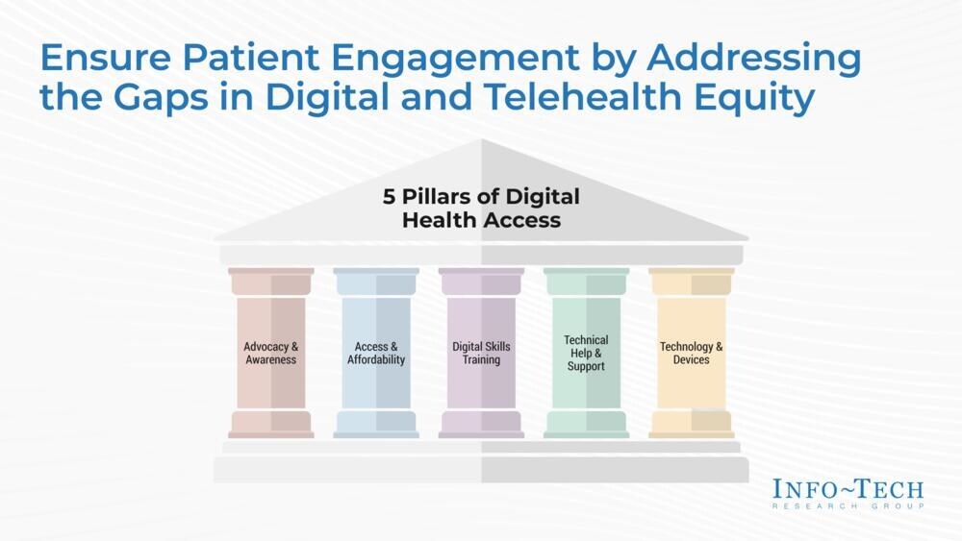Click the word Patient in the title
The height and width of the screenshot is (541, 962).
point(250,58)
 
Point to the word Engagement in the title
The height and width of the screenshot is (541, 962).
point(455,60)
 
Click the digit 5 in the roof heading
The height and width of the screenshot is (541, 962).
point(389,197)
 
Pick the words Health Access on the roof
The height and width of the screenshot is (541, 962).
point(482,220)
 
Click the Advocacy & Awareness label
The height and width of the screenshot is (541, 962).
point(270,353)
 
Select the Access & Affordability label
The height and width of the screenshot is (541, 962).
point(376,353)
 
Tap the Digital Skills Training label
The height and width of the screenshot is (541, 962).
point(481,353)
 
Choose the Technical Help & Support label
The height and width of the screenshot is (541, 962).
point(586,353)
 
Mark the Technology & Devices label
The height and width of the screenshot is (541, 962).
point(691,353)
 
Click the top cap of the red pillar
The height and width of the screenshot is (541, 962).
point(270,282)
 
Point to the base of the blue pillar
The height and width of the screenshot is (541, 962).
point(376,424)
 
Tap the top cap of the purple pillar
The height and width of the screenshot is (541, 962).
point(481,282)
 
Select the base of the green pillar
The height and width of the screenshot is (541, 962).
point(586,424)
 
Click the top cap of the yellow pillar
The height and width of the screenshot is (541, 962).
point(692,282)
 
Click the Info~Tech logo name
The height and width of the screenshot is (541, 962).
point(848,489)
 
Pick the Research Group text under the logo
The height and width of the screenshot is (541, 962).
point(848,506)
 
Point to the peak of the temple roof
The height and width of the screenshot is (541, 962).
point(482,139)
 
